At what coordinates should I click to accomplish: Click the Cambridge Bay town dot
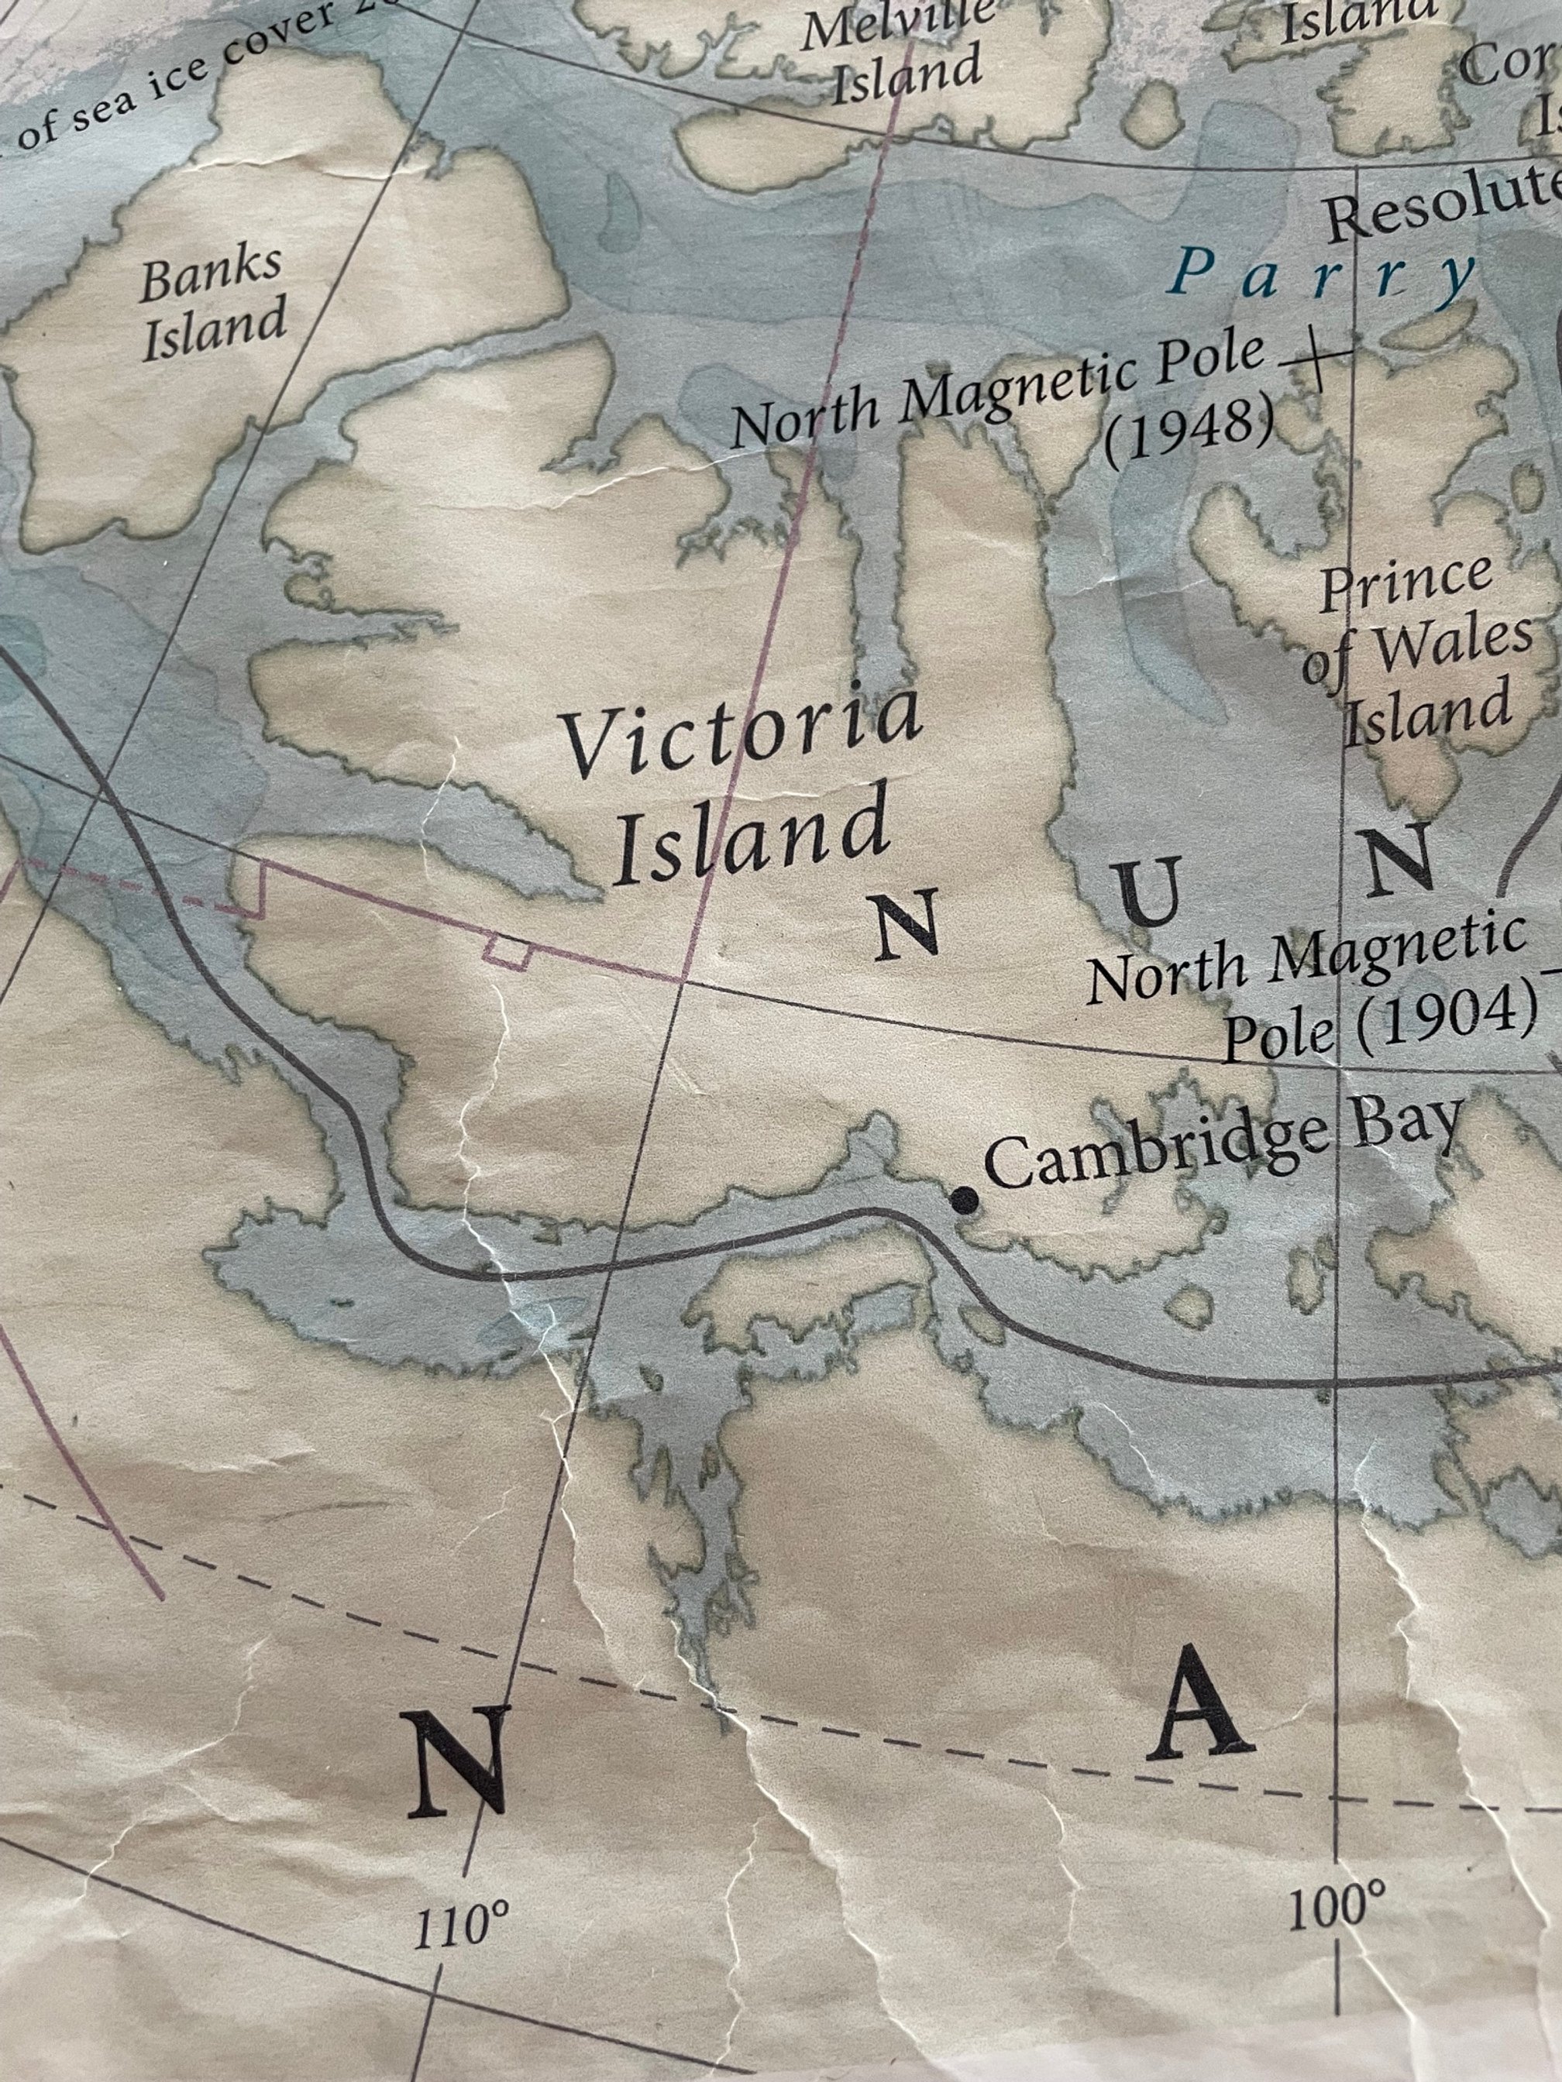[963, 1200]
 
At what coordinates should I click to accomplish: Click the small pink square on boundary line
[507, 950]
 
